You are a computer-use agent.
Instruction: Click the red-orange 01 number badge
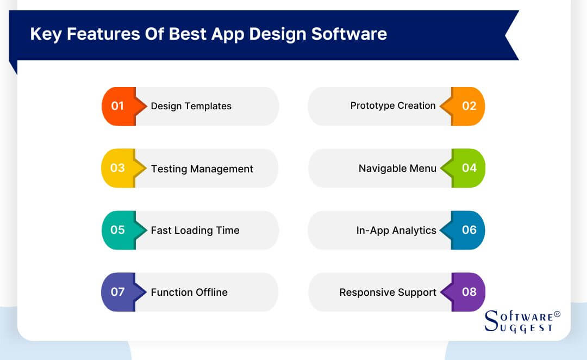coord(118,106)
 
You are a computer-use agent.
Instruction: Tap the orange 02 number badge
coord(469,106)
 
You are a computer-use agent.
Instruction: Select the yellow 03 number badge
coord(118,168)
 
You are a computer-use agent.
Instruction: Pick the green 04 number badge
coord(469,168)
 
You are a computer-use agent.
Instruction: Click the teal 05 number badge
coord(118,230)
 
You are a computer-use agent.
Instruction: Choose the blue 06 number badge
coord(469,230)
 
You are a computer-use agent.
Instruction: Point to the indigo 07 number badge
coord(118,292)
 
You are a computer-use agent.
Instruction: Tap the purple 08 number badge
coord(469,292)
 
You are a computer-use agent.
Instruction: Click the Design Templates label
coord(191,106)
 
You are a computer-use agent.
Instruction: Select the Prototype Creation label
coord(393,105)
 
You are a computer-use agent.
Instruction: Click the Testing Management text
coord(202,169)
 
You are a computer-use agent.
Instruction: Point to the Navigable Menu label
coord(397,169)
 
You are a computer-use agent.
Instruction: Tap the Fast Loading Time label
coord(195,231)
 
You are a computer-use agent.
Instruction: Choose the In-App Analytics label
coord(396,231)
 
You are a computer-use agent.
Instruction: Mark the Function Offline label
coord(189,293)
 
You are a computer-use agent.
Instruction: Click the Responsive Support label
coord(388,293)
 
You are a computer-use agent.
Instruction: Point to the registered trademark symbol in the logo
coord(557,314)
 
